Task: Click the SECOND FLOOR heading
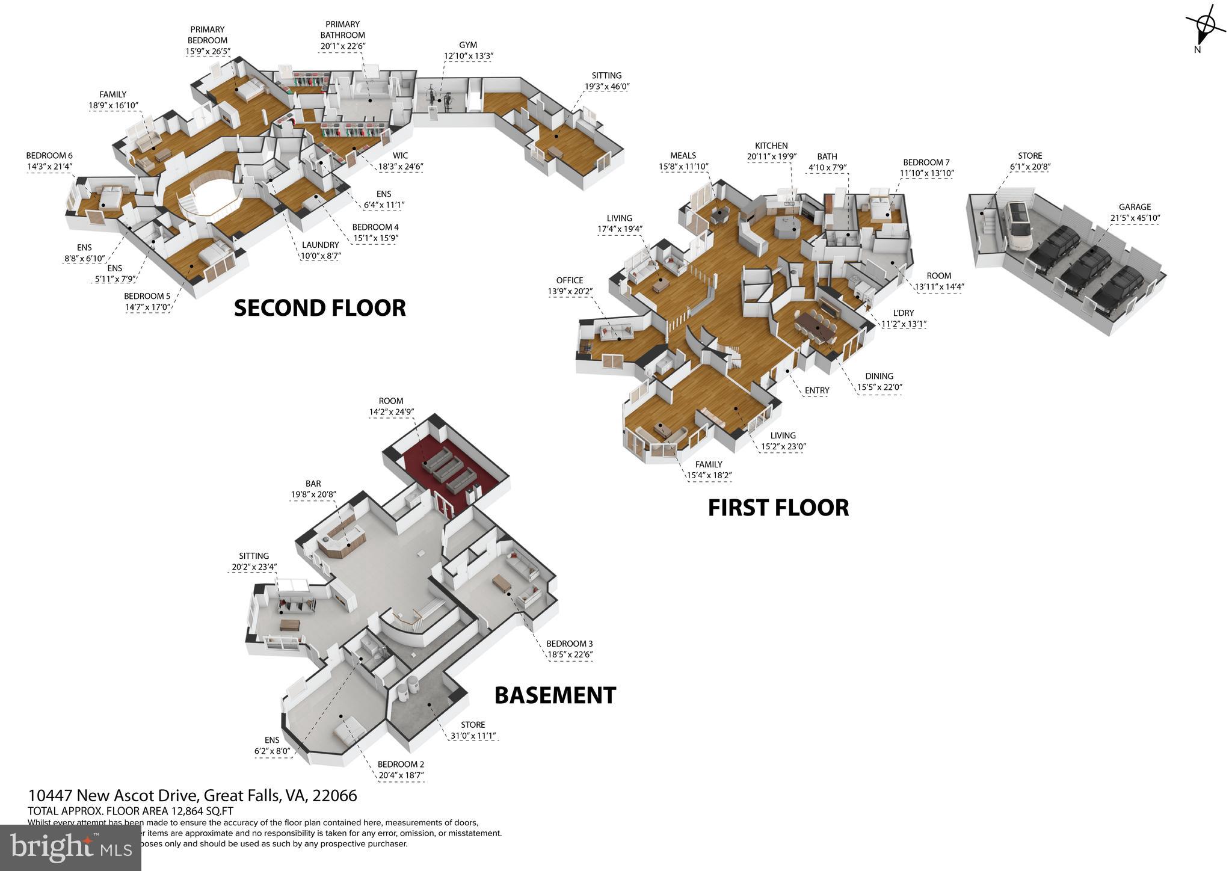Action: (x=319, y=308)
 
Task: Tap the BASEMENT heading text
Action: (x=555, y=695)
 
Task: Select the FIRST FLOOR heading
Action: (x=778, y=508)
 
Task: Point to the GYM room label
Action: (x=468, y=45)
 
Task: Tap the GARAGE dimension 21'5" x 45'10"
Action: (x=1135, y=218)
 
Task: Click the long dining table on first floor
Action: (x=815, y=327)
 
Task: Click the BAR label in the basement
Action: (x=313, y=484)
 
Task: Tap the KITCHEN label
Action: (x=771, y=146)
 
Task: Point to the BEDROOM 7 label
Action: (x=926, y=162)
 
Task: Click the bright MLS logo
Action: (x=70, y=847)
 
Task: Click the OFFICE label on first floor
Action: (x=569, y=280)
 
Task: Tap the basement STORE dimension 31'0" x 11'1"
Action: (x=473, y=736)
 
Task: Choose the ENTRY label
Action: (x=816, y=390)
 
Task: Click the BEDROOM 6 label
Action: (x=49, y=156)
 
